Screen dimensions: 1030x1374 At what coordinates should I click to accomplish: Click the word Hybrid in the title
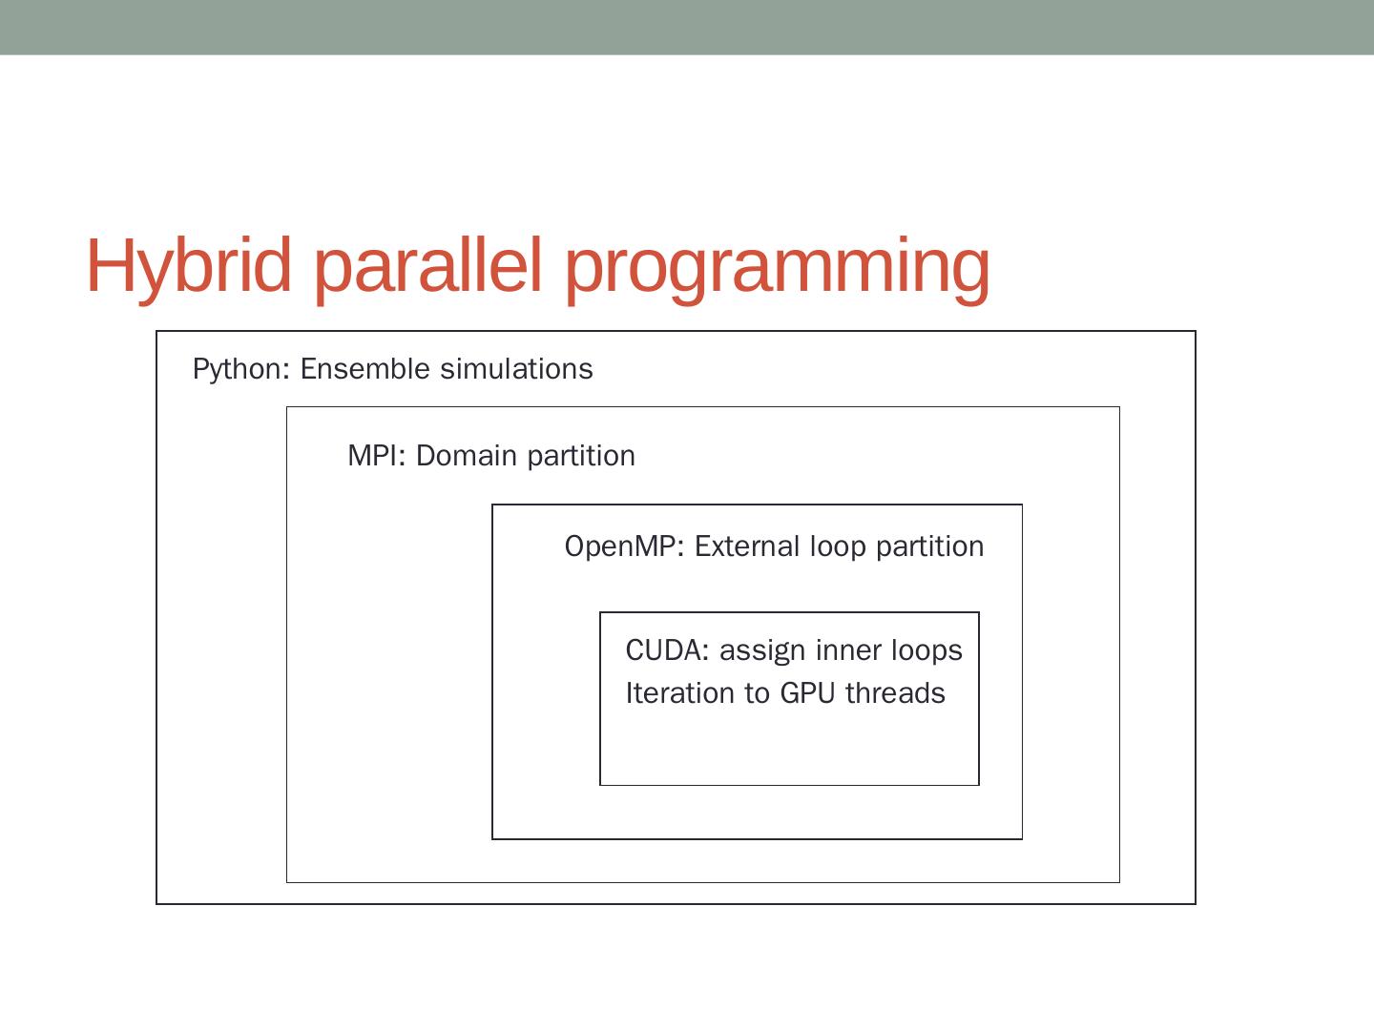(x=189, y=265)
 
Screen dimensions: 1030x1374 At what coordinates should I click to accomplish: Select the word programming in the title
(x=778, y=267)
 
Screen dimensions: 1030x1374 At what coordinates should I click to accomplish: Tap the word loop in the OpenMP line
(x=838, y=547)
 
